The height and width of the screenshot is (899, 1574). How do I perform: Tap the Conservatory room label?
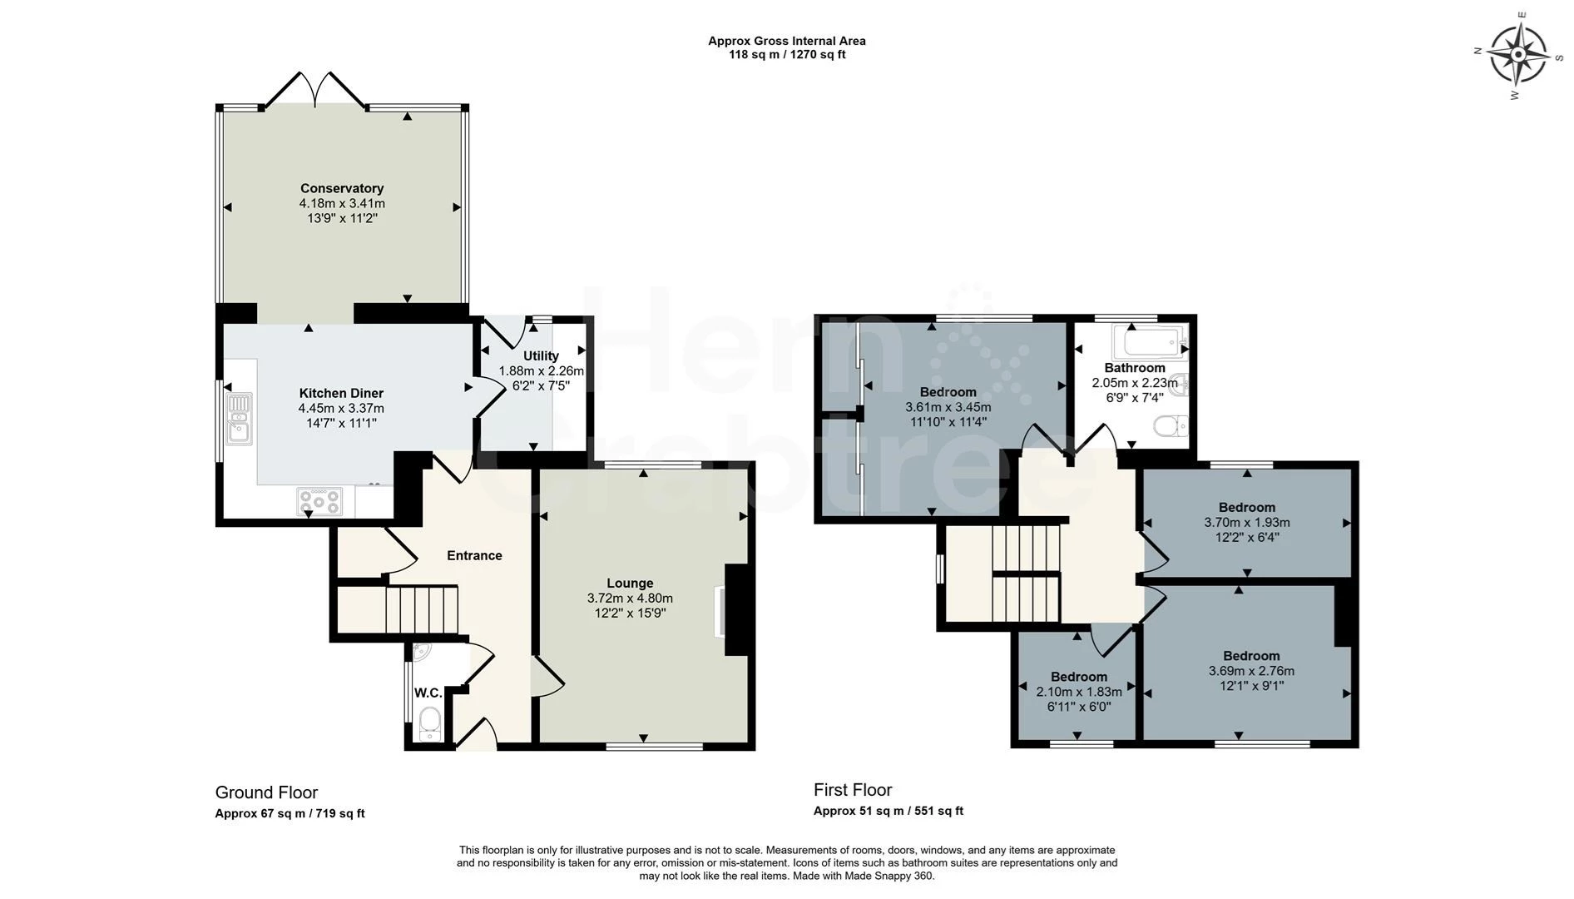point(342,188)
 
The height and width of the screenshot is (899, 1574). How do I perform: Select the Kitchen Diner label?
point(341,393)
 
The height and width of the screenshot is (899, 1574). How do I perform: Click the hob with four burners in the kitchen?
point(319,500)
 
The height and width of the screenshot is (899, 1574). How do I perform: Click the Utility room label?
point(541,355)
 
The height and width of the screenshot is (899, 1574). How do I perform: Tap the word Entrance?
point(474,555)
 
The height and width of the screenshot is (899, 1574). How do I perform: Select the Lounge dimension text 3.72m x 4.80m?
point(630,598)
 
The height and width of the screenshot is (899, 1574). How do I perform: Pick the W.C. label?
point(428,693)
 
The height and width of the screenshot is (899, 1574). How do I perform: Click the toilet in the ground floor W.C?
point(429,723)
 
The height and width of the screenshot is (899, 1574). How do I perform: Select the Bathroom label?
point(1135,368)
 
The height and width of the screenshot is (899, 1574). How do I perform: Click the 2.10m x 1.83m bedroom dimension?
point(1079,692)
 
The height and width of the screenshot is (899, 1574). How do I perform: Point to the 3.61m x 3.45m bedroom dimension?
point(948,407)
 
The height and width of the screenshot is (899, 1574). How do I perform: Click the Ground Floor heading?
point(266,792)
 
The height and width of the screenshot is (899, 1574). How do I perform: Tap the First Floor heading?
point(853,789)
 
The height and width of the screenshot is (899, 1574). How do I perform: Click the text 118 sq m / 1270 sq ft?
point(787,55)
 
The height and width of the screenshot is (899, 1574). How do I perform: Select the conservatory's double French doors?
point(315,90)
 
